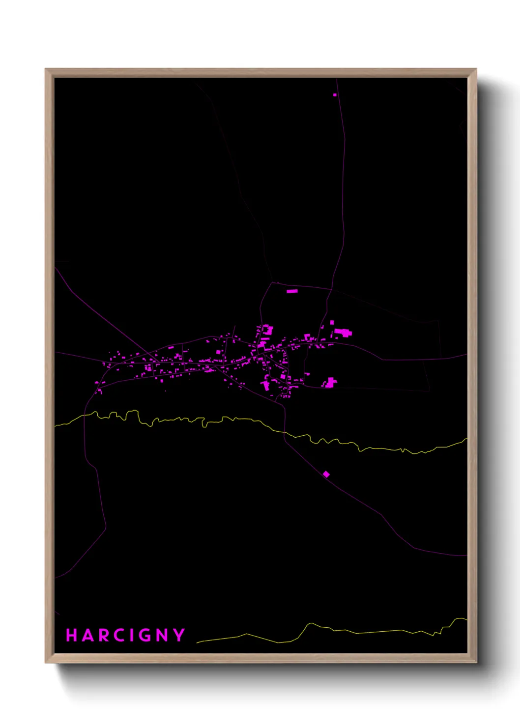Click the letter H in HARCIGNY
click(x=72, y=635)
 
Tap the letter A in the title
click(x=88, y=635)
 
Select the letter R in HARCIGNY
click(x=104, y=635)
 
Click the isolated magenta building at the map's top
click(x=335, y=95)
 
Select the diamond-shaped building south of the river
click(x=326, y=474)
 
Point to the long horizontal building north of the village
click(x=292, y=291)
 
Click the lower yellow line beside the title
click(x=344, y=631)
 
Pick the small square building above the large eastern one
click(x=332, y=323)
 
